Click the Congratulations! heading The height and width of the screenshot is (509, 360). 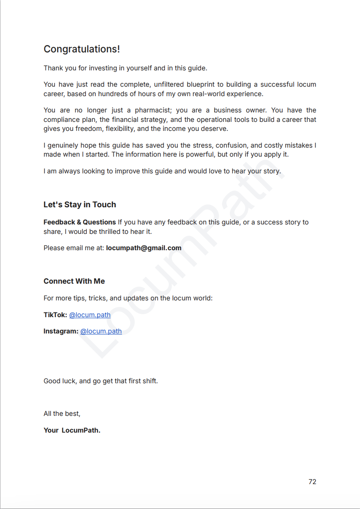(x=82, y=49)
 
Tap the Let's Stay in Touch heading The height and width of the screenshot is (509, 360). (x=79, y=205)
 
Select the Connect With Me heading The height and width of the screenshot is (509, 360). (x=74, y=281)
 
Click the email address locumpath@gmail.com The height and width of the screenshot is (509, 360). (x=143, y=248)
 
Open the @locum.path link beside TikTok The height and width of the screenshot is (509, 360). (x=90, y=315)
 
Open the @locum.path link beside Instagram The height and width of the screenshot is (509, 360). (x=101, y=331)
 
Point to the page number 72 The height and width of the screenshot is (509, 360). (x=312, y=482)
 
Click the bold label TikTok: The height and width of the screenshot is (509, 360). (x=55, y=315)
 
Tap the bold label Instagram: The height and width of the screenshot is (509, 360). (x=61, y=331)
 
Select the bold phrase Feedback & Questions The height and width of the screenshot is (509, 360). (x=79, y=222)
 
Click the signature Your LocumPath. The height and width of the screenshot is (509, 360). (x=72, y=430)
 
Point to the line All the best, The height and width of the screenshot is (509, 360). (x=62, y=414)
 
